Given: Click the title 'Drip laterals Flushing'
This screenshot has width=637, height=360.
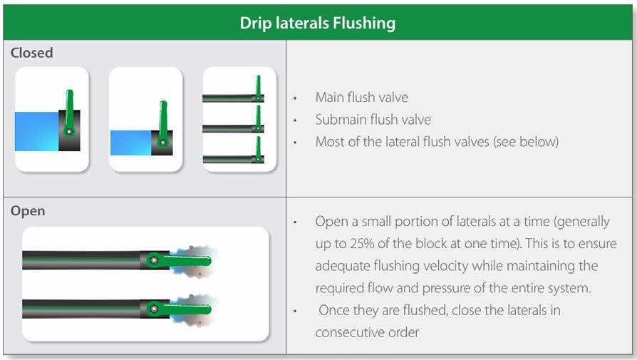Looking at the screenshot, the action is (x=317, y=23).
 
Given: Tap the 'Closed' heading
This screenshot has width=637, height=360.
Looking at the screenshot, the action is (x=31, y=53).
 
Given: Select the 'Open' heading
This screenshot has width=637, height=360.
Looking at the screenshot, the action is (x=28, y=211).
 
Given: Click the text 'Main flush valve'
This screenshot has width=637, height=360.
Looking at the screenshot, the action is (x=361, y=98).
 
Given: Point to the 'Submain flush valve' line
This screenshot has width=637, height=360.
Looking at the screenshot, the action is (x=373, y=120).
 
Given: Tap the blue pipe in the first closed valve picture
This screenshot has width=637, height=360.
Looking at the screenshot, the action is (x=36, y=131).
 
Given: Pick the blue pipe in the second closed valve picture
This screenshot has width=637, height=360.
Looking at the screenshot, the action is (x=131, y=143).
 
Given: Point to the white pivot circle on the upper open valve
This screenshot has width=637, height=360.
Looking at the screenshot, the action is (x=154, y=260).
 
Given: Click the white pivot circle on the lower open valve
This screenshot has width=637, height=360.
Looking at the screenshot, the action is (x=154, y=309).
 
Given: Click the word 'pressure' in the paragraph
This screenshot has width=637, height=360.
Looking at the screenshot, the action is (x=445, y=288).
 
